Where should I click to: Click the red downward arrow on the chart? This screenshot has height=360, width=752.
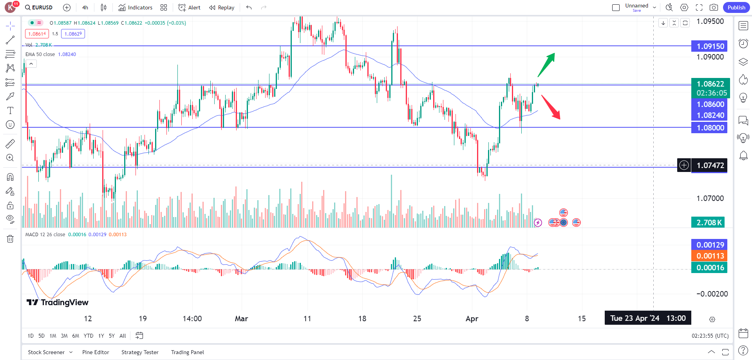pos(551,107)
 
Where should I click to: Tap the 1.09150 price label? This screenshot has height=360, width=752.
pos(709,46)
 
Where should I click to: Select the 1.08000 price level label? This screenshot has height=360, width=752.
pos(709,128)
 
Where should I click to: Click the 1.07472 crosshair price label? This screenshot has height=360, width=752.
pos(709,165)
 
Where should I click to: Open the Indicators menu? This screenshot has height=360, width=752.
pos(136,7)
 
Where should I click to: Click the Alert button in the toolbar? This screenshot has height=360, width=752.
pos(190,7)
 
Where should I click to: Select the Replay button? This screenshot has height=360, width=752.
pos(222,7)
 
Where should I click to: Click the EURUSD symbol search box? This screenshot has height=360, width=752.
pos(39,7)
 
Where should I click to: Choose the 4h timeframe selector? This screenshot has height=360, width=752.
pos(85,7)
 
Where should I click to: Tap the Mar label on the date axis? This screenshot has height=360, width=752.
pos(241,318)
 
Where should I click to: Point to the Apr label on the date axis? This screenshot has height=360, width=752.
pos(472,318)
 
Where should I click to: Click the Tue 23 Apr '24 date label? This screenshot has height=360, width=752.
pos(648,318)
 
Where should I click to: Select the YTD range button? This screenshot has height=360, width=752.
pos(89,336)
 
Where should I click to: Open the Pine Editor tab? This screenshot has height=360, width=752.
pos(96,352)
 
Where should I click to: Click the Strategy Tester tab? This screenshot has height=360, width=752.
pos(140,352)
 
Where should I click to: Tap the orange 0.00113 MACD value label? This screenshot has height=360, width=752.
pos(709,256)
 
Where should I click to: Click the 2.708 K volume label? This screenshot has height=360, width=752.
pos(708,223)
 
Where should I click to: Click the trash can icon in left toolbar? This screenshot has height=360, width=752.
pos(10,239)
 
